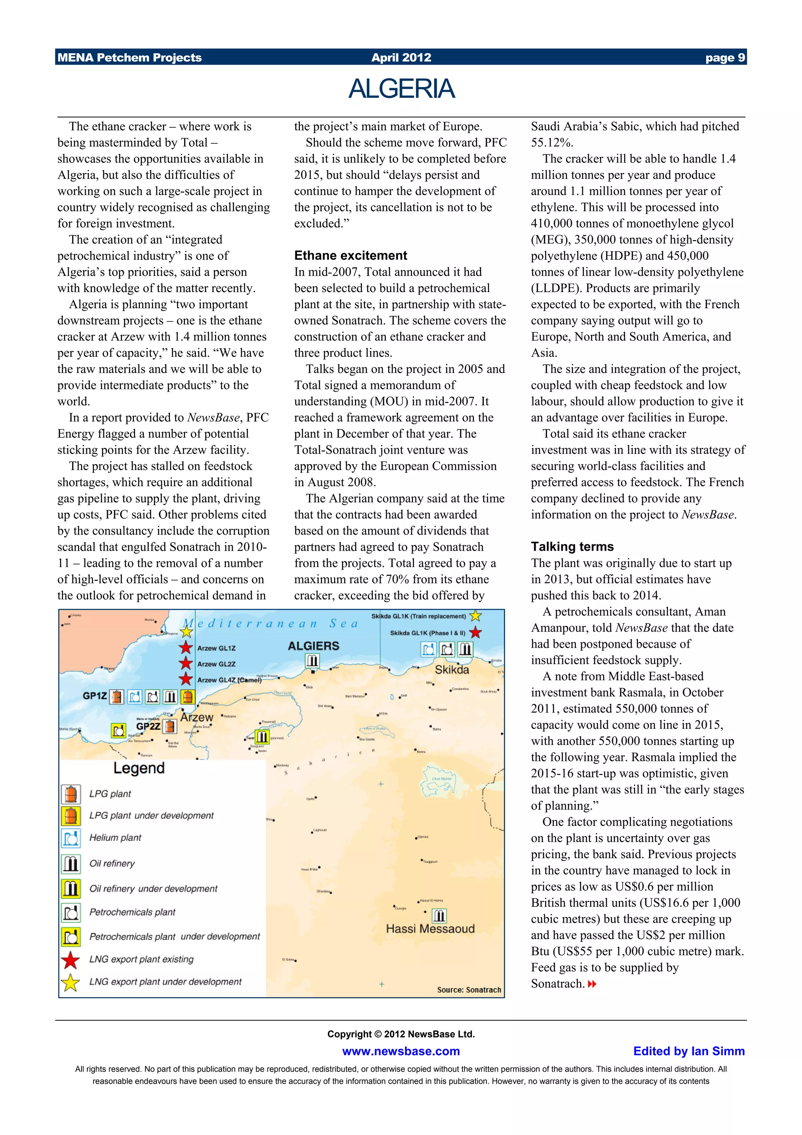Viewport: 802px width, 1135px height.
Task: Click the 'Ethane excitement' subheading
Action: tap(350, 256)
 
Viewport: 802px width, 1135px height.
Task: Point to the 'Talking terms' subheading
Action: tap(572, 546)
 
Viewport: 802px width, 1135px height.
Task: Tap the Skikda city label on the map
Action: tap(451, 669)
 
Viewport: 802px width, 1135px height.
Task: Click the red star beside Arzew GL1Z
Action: tap(186, 647)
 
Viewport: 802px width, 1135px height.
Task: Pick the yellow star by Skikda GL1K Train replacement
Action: tap(475, 616)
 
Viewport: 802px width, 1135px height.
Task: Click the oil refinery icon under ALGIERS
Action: tap(312, 660)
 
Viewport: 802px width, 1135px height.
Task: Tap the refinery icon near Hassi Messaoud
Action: tap(439, 916)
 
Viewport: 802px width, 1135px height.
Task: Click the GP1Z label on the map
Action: tap(95, 696)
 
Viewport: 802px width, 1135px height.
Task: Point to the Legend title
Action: tap(139, 768)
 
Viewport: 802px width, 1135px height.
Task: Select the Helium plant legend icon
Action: tap(70, 838)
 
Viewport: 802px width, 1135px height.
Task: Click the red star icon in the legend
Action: tap(70, 960)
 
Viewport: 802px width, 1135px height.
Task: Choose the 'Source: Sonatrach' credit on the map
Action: tap(468, 990)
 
